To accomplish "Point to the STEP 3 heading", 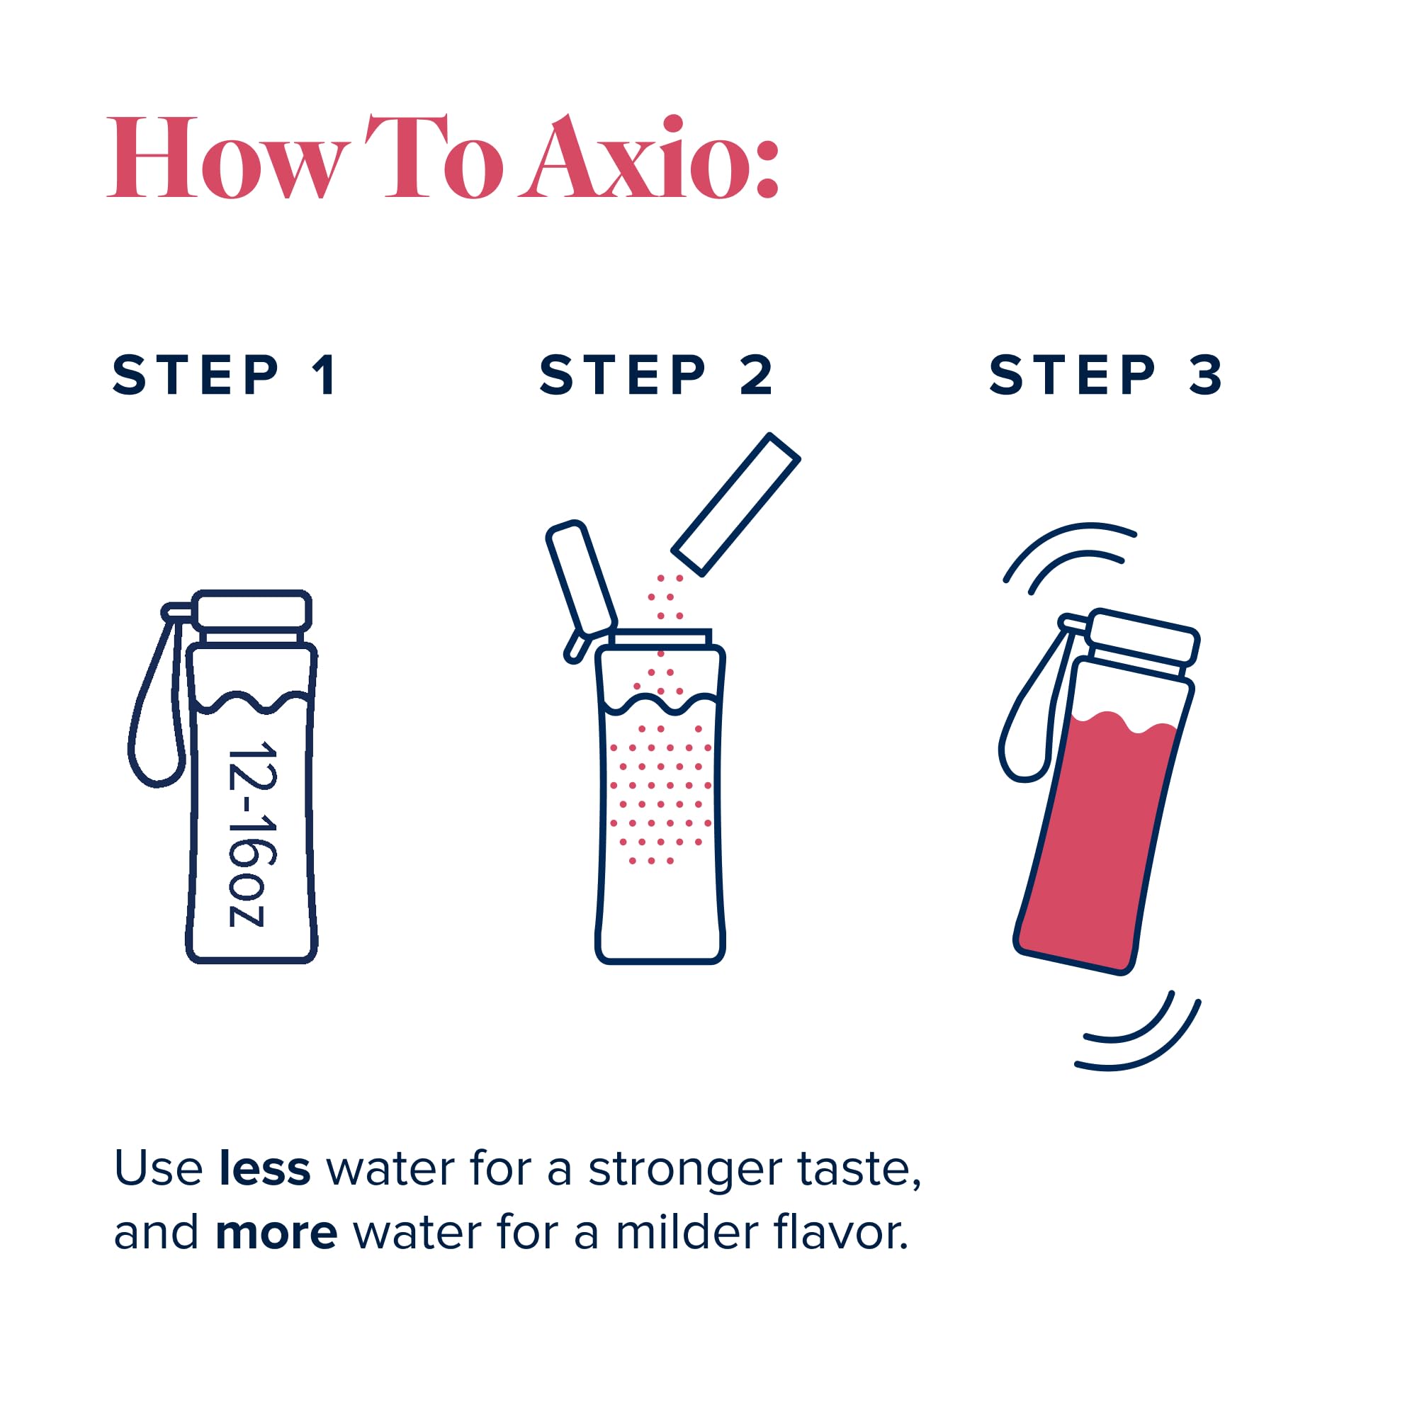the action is point(1105,376).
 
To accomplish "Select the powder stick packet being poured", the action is point(735,504).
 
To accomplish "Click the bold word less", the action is point(265,1168).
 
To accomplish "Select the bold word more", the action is point(276,1233).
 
